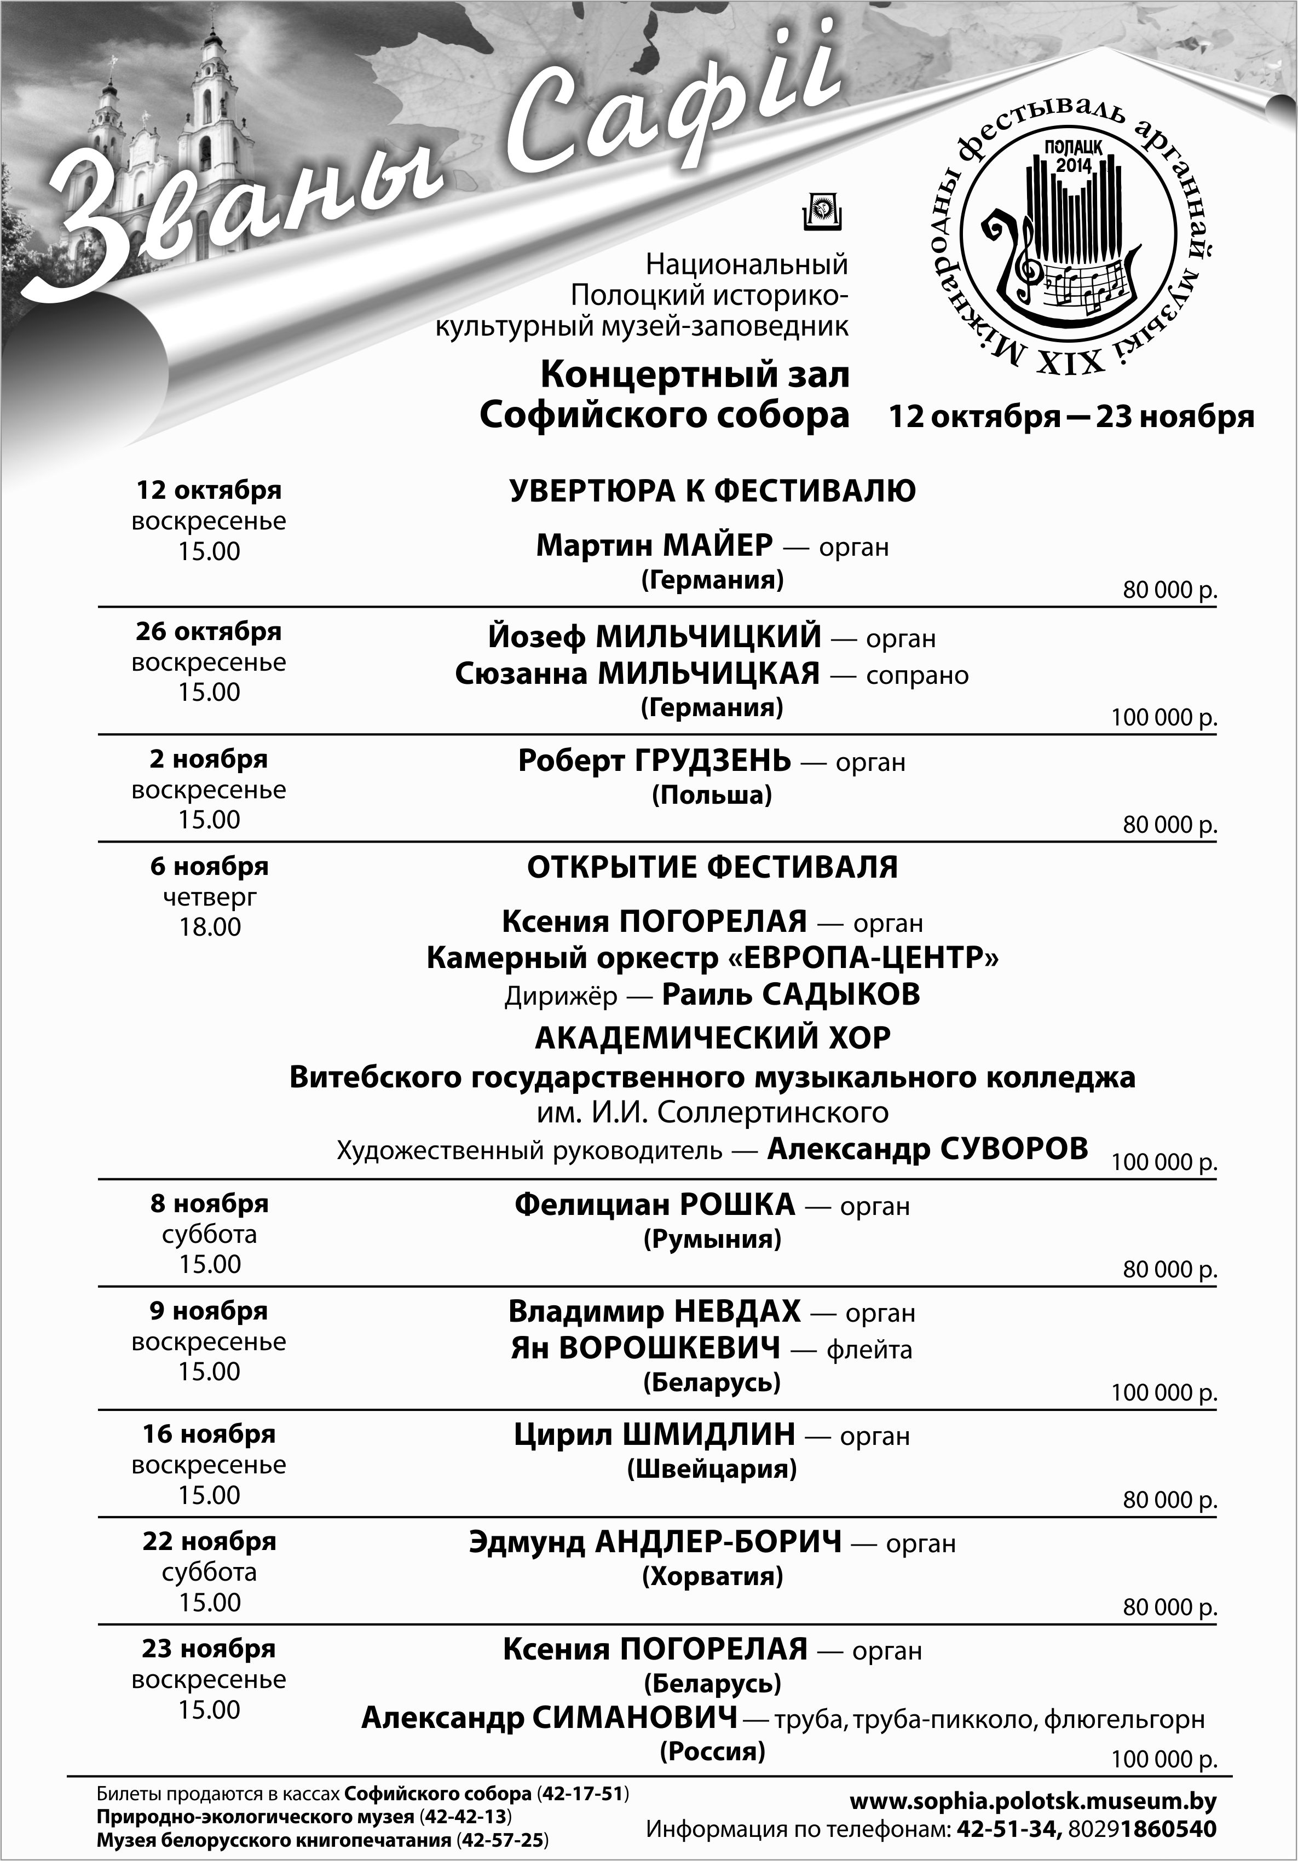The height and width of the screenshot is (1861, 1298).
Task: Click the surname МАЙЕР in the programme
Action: [x=718, y=545]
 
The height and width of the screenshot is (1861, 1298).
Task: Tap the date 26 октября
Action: [x=208, y=631]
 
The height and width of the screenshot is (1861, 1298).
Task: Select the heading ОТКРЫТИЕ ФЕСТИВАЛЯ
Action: [x=712, y=867]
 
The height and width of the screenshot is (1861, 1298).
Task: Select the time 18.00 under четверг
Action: [x=210, y=926]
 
